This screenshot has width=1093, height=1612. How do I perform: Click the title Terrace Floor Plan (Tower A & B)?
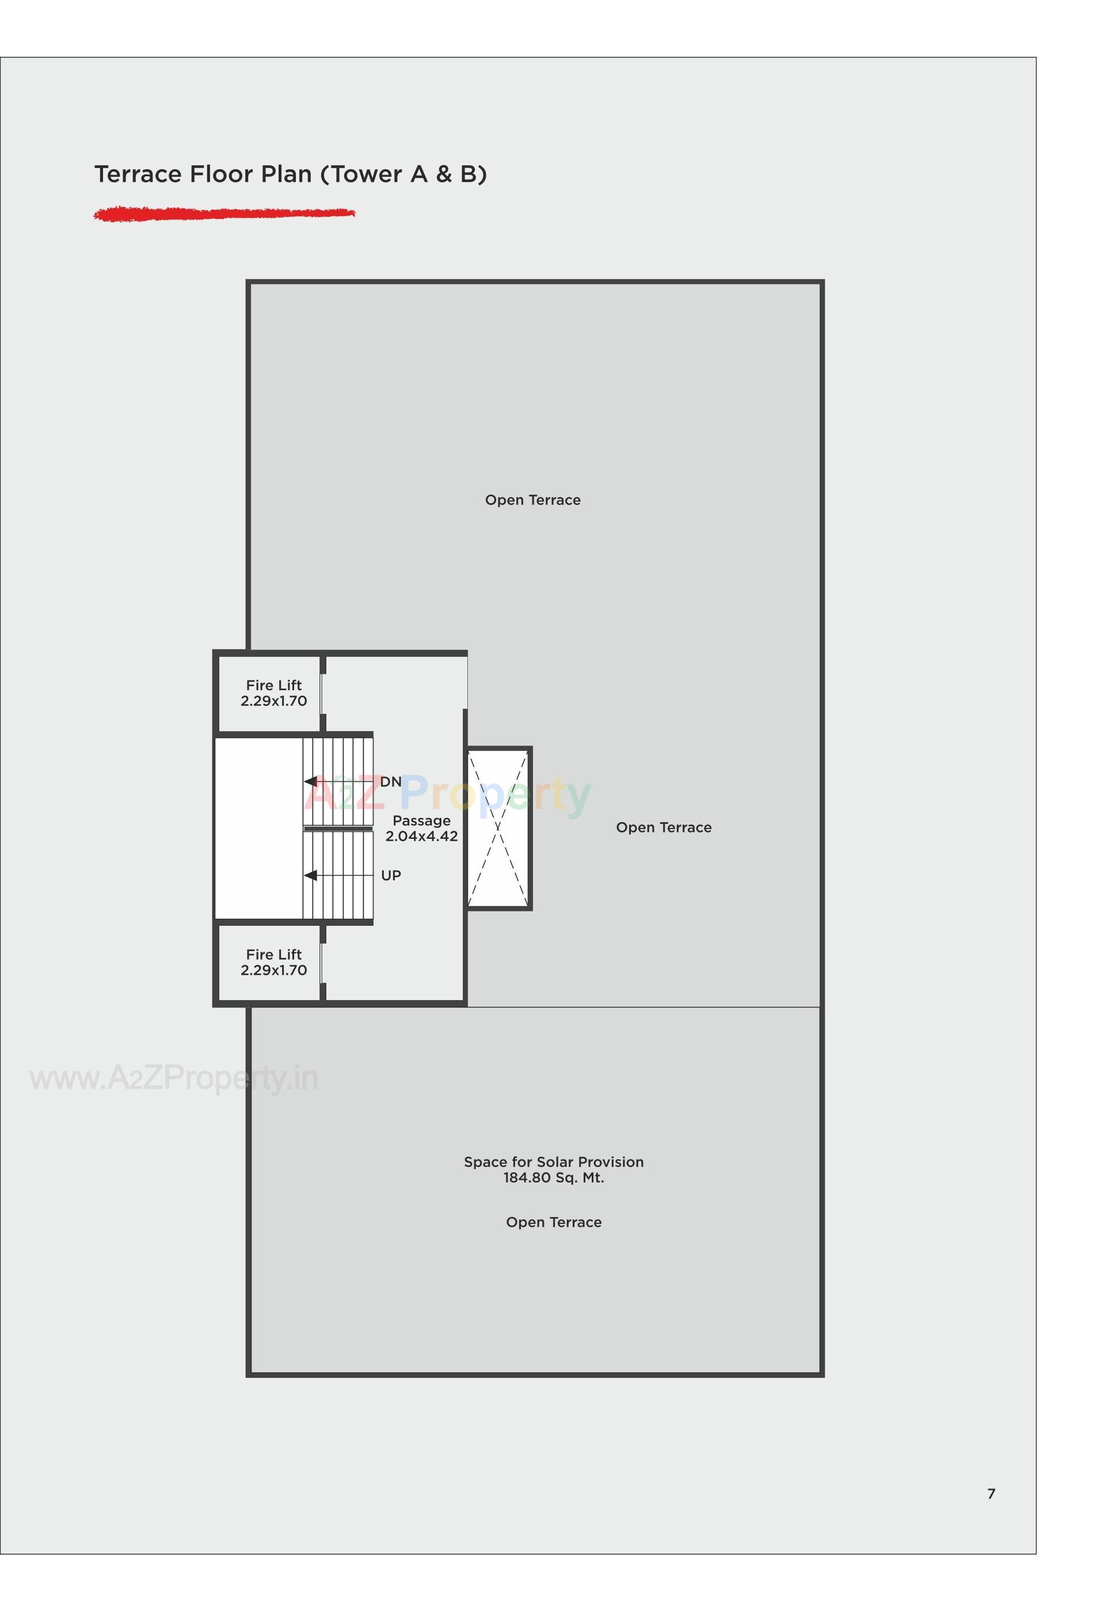coord(290,174)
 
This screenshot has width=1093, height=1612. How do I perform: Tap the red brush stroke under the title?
coord(223,214)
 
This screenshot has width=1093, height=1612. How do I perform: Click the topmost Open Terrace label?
coord(532,500)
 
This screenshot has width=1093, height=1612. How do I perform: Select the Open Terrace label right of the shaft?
coord(663,827)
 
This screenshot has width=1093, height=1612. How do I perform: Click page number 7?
coord(991,1494)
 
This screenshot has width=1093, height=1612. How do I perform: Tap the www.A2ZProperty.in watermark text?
coord(173,1078)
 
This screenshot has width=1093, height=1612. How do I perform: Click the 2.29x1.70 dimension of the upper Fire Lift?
coord(273,701)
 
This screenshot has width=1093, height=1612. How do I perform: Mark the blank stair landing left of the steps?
coord(258,828)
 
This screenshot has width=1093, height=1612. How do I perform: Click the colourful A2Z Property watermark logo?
coord(447,794)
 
